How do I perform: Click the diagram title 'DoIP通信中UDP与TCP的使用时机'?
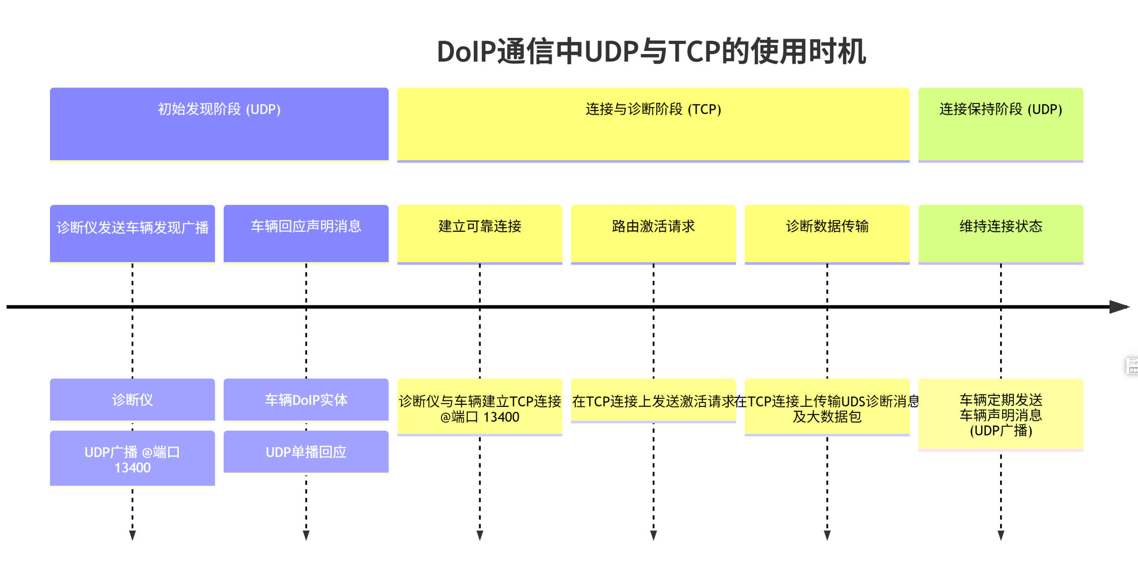(x=651, y=51)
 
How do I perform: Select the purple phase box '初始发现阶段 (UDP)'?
(x=219, y=124)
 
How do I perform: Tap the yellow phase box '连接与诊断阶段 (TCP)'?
(x=653, y=124)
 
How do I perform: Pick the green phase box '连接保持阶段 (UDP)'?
(x=1000, y=124)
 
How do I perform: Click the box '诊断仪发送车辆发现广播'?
(x=132, y=233)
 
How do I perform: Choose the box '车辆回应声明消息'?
(x=306, y=233)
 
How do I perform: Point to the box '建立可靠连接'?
(x=479, y=233)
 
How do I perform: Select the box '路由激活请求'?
(x=653, y=233)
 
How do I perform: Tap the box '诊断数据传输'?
(x=827, y=233)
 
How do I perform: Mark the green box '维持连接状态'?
(x=1000, y=233)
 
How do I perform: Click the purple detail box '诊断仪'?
(x=132, y=399)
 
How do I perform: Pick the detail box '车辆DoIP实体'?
(x=306, y=399)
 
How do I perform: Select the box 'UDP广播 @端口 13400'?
(x=132, y=458)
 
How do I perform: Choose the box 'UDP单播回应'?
(x=306, y=452)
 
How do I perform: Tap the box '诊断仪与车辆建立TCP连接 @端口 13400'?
(x=479, y=407)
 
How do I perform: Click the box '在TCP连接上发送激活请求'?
(x=653, y=401)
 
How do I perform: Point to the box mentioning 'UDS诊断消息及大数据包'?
(x=827, y=407)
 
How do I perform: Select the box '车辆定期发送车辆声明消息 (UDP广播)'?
(x=1000, y=415)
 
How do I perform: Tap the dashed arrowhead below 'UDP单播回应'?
(x=306, y=535)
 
